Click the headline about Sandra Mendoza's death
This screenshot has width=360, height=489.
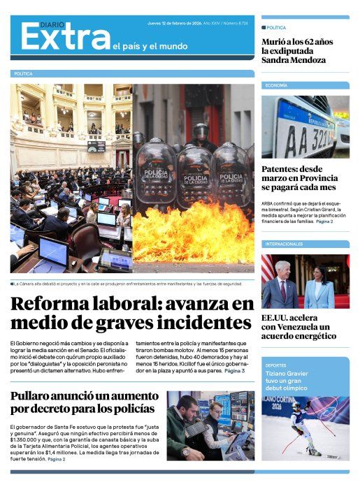[296, 50]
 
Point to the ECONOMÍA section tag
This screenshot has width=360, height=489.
[275, 85]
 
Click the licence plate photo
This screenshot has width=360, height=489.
[305, 126]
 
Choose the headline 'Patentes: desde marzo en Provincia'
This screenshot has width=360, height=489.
[298, 178]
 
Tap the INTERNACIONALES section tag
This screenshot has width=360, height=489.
[284, 244]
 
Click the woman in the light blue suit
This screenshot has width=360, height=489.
[319, 284]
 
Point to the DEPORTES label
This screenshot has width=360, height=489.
[275, 365]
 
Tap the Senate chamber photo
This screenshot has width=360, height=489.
[71, 178]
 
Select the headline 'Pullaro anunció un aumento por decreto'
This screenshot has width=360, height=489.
[82, 402]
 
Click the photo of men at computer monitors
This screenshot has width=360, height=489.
[210, 425]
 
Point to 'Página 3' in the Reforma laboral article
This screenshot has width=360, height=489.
[233, 371]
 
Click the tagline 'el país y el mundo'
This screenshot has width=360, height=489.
[150, 47]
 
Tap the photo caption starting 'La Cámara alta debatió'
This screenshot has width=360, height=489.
[126, 284]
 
